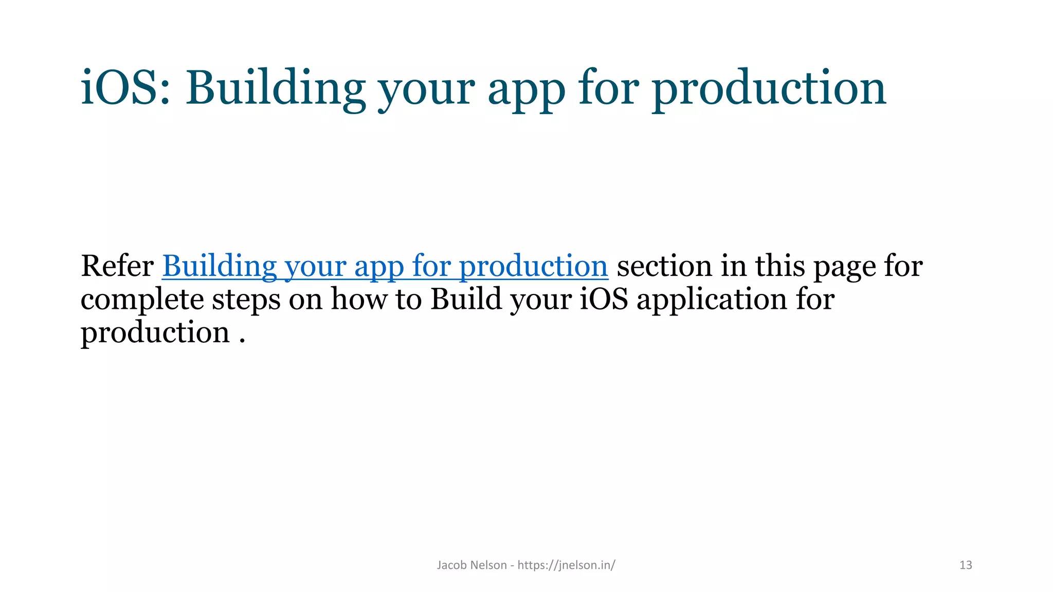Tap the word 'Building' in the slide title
pos(275,88)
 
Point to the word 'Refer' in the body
pos(117,266)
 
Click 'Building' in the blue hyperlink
pos(220,266)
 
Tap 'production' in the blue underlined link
pos(533,267)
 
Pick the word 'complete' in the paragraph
pos(142,300)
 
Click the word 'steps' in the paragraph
pos(246,300)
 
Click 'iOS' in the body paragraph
pos(604,299)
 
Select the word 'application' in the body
pos(712,300)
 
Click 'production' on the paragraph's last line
pos(155,333)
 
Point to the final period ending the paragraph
pos(242,342)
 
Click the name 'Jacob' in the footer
pos(452,565)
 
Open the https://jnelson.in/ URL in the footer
pos(566,565)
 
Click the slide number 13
pos(966,565)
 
